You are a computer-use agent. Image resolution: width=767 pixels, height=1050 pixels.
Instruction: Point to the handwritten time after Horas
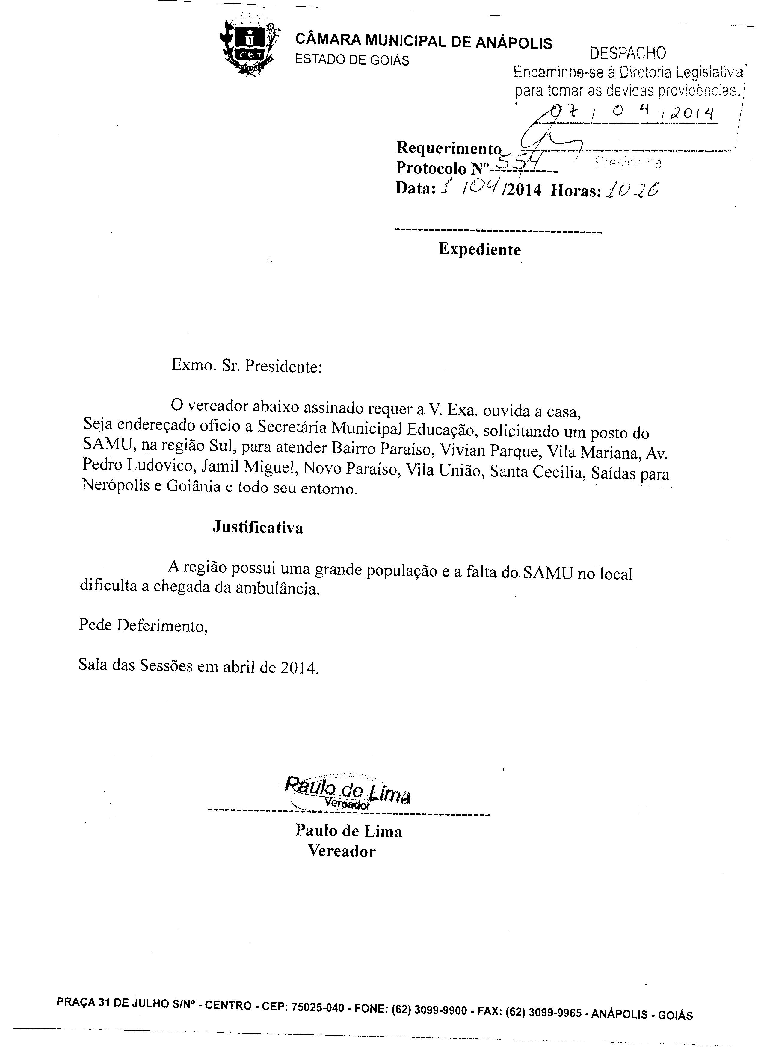pyautogui.click(x=632, y=189)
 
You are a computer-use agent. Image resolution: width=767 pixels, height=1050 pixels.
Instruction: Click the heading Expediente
pyautogui.click(x=480, y=250)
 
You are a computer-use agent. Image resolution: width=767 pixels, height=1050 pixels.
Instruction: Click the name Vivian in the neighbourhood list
pyautogui.click(x=462, y=450)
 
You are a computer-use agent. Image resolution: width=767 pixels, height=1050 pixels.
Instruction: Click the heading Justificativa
pyautogui.click(x=258, y=528)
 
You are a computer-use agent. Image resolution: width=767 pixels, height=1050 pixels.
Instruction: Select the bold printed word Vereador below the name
pyautogui.click(x=342, y=851)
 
